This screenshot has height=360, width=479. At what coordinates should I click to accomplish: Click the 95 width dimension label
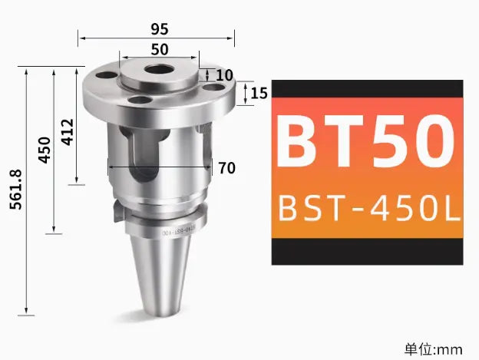coord(159,29)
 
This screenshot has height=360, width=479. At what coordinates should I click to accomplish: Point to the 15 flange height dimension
coord(259,94)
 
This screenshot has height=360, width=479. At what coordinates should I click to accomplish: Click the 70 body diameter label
coord(226,168)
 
